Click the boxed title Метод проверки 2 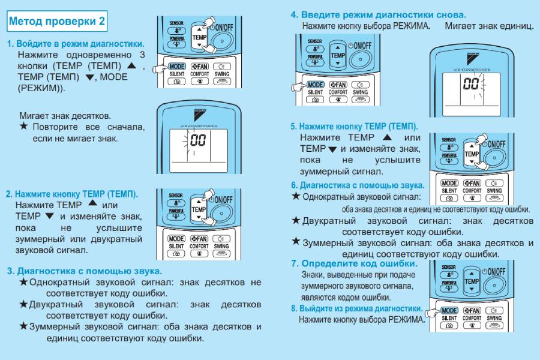58,22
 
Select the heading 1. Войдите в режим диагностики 76,44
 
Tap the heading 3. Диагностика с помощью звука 84,271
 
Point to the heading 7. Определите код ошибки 354,263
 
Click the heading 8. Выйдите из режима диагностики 356,308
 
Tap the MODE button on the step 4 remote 315,85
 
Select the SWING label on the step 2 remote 221,246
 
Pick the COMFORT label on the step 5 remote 472,191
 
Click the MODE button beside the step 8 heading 449,311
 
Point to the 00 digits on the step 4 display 470,83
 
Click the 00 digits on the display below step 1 198,142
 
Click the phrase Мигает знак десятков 65,115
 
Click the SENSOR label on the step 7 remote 448,268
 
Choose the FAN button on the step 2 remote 199,238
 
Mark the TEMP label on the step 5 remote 472,154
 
